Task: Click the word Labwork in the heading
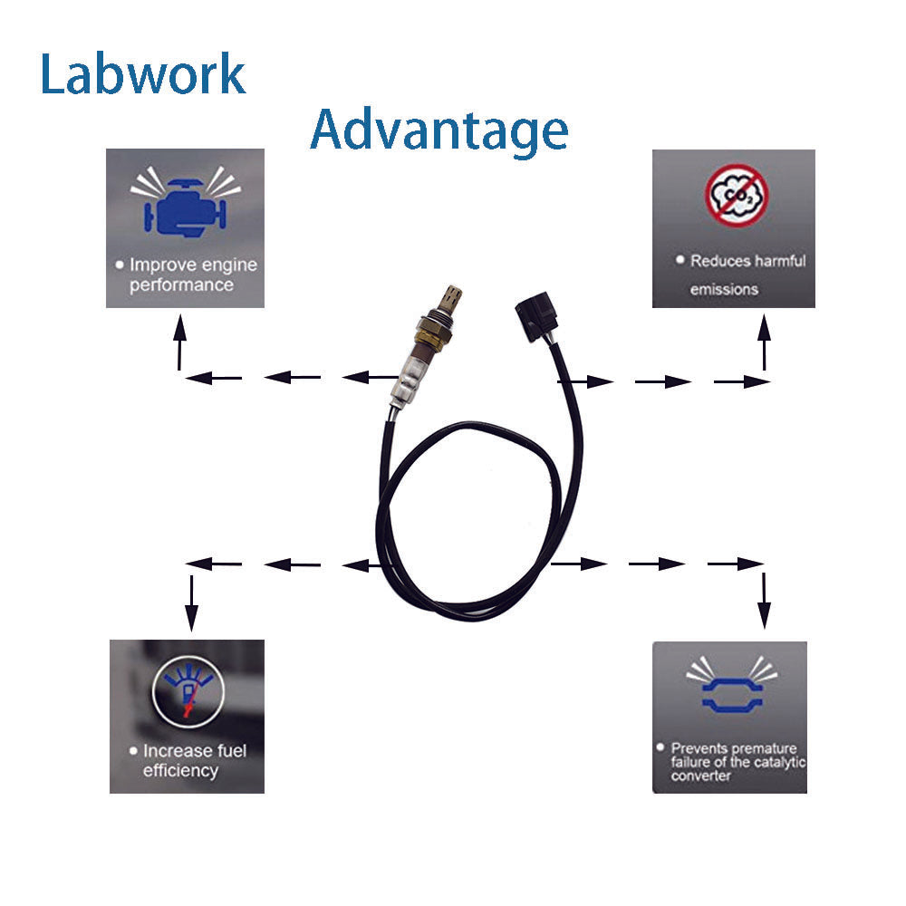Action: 143,74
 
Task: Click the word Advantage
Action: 439,130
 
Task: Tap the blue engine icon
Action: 185,206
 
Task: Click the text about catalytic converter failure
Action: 734,762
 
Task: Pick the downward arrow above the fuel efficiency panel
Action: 191,602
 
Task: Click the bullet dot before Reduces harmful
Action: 679,260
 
